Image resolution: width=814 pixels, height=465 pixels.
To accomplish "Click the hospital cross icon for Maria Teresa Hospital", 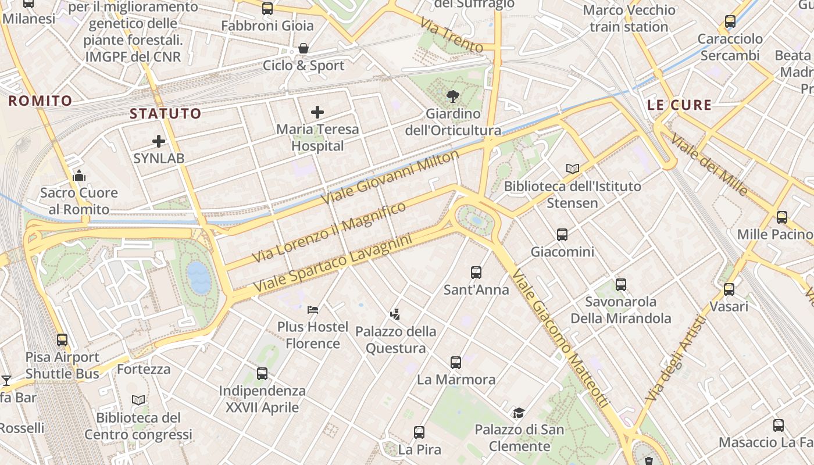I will coord(317,112).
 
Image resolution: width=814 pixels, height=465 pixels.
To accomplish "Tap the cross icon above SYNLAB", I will coord(159,141).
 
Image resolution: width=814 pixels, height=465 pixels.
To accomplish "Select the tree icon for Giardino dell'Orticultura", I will coord(452,96).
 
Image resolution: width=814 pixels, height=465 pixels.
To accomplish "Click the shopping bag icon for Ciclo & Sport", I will coord(303,48).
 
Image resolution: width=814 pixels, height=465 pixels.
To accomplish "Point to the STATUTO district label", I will coord(165,113).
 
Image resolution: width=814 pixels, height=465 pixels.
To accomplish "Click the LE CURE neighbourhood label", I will coord(679,105).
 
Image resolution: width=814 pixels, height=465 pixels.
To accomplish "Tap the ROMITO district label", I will coord(40,101).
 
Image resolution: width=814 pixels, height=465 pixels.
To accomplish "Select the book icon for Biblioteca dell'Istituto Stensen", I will coord(573,169).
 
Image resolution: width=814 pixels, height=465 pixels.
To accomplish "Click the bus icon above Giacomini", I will coord(562,235).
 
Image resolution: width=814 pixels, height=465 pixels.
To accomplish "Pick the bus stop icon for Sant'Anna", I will coord(476,272).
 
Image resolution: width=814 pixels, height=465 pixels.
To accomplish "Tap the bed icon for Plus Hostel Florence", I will coord(313,309).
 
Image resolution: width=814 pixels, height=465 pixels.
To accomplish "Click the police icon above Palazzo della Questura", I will coord(395,314).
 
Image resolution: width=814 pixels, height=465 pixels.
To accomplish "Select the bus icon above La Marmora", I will coord(456,363).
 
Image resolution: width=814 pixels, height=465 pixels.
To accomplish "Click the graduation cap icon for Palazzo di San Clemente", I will coord(519,413).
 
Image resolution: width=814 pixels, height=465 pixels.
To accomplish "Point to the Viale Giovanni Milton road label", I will coord(390,177).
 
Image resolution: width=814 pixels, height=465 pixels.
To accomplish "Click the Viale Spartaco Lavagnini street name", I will coord(333,263).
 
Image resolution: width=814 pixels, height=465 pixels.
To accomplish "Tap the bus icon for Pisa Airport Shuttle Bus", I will coord(62,340).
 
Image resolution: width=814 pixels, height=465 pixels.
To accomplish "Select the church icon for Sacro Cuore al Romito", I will coord(79,176).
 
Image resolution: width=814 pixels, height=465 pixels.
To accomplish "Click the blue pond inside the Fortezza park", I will coord(198,277).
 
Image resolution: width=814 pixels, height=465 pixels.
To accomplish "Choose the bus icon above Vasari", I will coord(729,289).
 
